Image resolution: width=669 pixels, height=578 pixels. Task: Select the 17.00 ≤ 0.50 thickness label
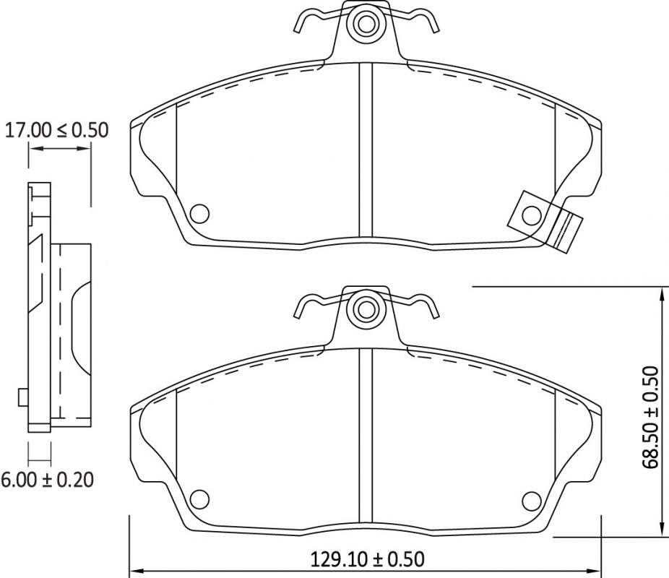(56, 130)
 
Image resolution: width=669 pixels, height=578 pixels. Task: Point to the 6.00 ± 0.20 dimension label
(47, 480)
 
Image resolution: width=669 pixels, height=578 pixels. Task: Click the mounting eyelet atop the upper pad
(366, 23)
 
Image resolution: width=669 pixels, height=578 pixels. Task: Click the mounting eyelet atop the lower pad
(366, 309)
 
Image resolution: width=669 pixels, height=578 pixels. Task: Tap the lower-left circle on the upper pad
(199, 213)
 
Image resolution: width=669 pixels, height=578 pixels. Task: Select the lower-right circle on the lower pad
(532, 499)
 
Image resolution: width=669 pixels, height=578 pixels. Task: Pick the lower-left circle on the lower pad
(199, 499)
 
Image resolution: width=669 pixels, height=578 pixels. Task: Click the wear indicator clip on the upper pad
(545, 223)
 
